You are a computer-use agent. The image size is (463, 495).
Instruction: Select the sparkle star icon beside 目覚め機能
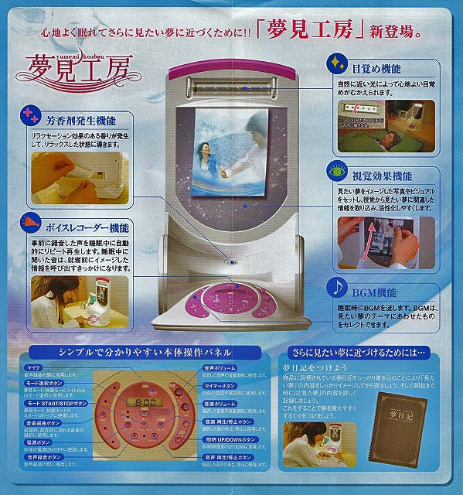(x=337, y=62)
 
